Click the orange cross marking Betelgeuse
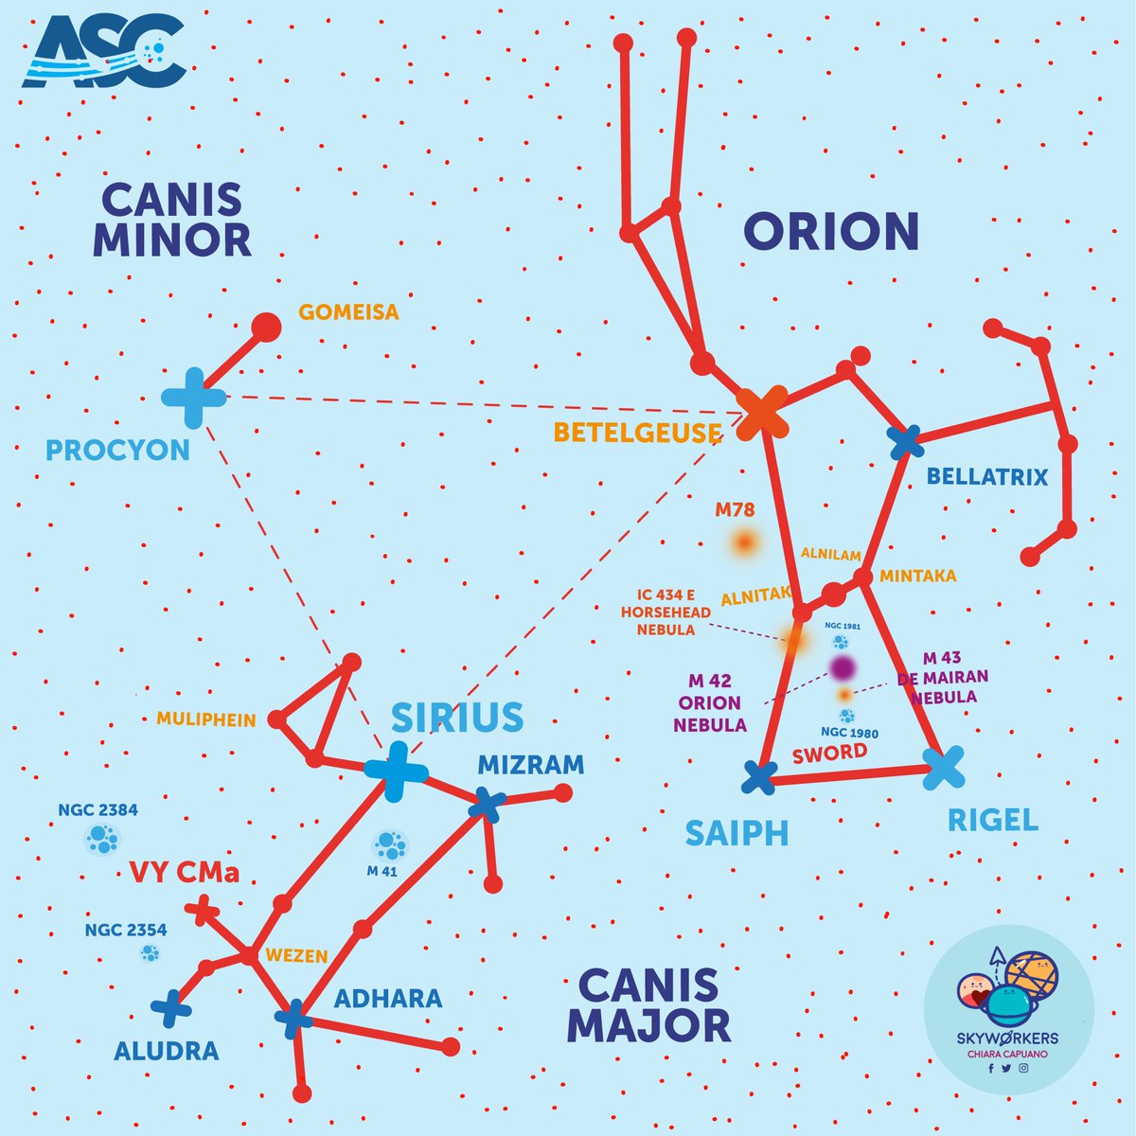point(762,412)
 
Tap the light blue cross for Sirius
point(396,772)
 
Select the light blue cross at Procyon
point(193,398)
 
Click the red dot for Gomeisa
point(266,328)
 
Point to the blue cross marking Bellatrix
point(906,442)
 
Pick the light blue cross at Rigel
point(943,768)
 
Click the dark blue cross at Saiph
point(759,777)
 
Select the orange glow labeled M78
point(745,541)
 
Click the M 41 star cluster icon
point(390,846)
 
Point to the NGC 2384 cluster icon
point(102,839)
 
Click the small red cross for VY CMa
point(203,910)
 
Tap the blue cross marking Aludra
point(171,1008)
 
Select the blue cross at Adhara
point(293,1019)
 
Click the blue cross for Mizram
point(487,805)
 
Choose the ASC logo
point(105,51)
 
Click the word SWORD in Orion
point(829,754)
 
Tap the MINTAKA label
point(918,576)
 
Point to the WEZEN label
point(296,955)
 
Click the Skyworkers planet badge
point(1008,1010)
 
